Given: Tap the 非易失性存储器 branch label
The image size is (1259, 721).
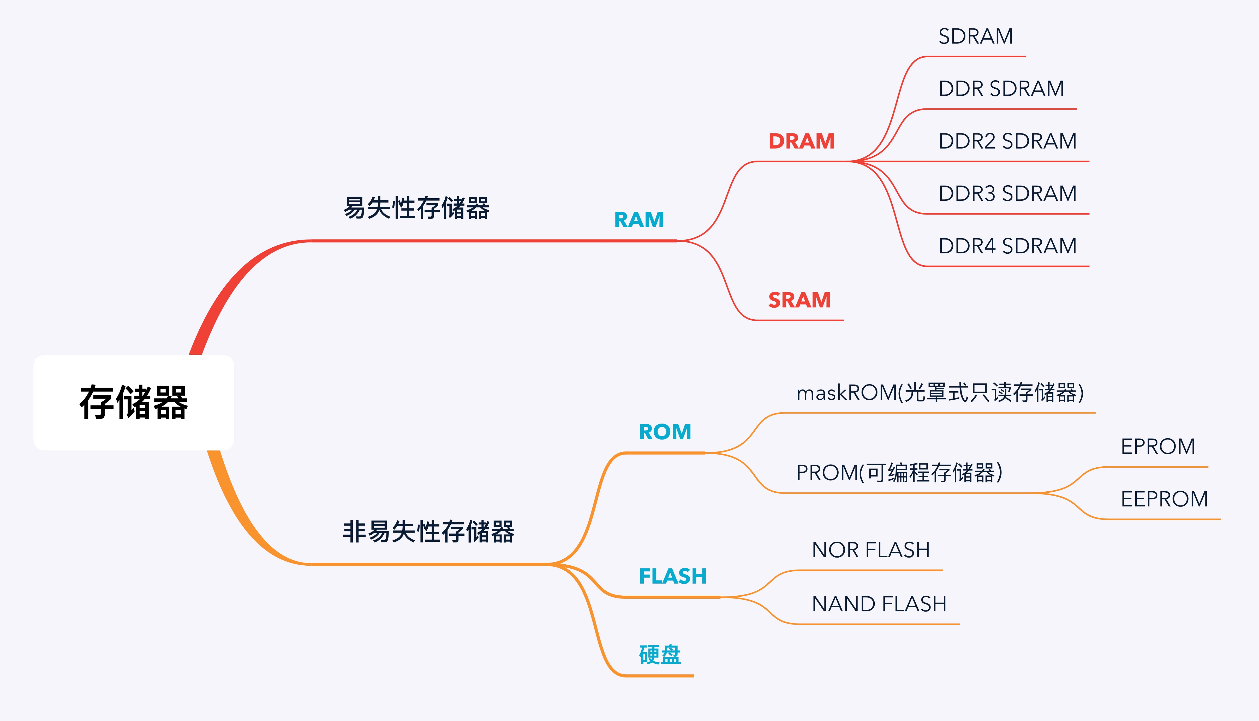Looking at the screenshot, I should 428,531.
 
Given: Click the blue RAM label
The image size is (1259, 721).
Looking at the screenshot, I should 639,220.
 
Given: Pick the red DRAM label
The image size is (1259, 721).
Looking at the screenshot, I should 802,141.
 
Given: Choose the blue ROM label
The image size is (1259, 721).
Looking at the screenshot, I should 665,432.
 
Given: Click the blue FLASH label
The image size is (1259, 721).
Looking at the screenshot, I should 673,576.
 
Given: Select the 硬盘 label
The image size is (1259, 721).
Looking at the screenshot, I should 660,655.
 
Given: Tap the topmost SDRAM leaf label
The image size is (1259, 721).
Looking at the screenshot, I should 975,36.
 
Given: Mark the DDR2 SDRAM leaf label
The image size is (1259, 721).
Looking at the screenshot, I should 1007,141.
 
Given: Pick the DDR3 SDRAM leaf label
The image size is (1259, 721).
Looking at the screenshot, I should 1007,193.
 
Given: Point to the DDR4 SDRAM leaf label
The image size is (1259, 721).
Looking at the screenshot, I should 1007,246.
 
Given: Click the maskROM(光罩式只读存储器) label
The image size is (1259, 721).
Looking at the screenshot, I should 940,393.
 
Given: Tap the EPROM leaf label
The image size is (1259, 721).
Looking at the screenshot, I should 1158,447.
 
